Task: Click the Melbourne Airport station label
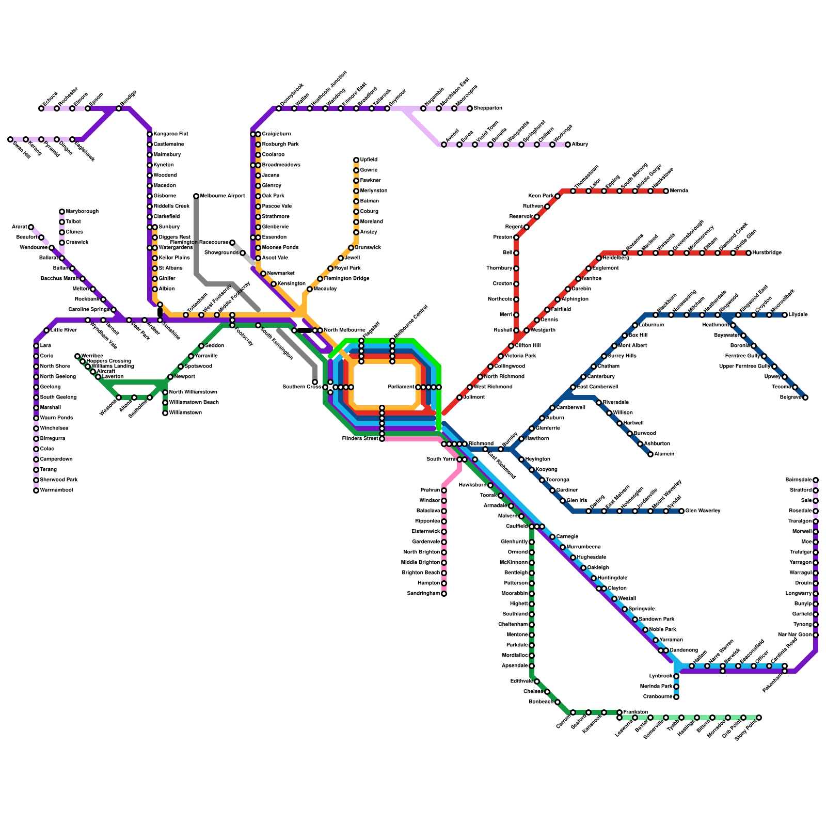click(223, 196)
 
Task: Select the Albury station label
click(580, 145)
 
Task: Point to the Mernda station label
click(679, 191)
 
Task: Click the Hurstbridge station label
click(767, 253)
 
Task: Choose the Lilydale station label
click(798, 315)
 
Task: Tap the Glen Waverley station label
click(703, 511)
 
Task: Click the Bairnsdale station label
click(798, 480)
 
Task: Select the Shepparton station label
click(488, 108)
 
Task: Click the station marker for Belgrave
click(805, 398)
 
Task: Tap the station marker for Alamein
click(650, 454)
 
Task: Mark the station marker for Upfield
click(356, 160)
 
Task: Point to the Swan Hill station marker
click(10, 139)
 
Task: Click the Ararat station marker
click(31, 227)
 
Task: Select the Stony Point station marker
click(759, 718)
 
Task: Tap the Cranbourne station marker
click(676, 697)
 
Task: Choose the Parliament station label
click(401, 387)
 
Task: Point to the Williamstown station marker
click(165, 413)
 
